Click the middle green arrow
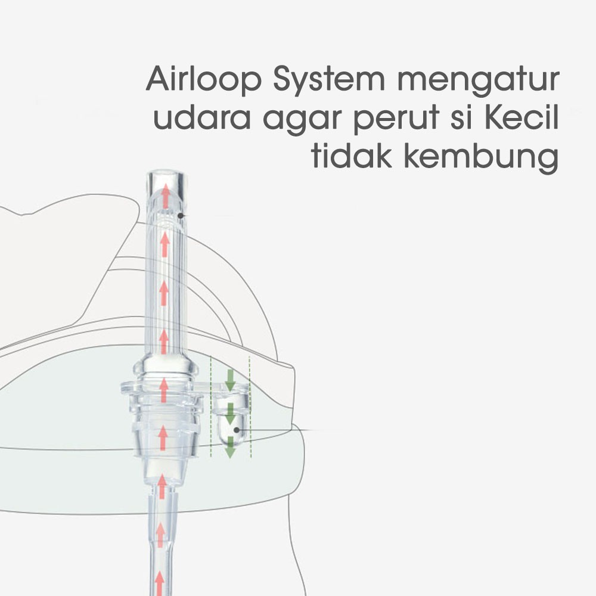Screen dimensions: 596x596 tap(230, 412)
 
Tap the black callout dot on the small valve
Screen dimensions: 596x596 tap(237, 429)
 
